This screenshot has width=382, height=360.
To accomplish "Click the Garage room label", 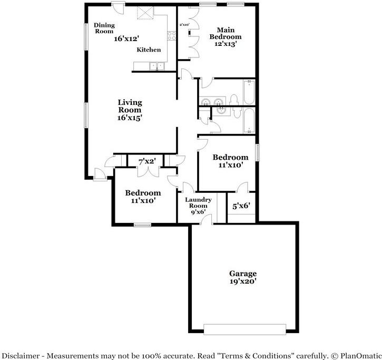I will pos(242,273).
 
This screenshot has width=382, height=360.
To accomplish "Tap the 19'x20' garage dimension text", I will pos(242,281).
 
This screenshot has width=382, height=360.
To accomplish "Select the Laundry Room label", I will pos(198,203).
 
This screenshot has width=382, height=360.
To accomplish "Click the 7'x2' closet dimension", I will pos(147,161).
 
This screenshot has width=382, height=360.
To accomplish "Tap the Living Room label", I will pos(130,106).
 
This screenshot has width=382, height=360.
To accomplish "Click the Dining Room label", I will pos(104,28).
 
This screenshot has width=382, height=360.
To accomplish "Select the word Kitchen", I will pos(149,50).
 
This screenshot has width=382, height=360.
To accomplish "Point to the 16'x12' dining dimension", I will pos(126,38).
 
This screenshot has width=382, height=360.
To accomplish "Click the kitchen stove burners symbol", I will pos(171,36).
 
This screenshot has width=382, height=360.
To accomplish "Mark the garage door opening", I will pos(243,329).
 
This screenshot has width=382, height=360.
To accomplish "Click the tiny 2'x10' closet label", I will pos(184,24).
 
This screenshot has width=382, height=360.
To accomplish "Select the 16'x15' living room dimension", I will pos(130,118).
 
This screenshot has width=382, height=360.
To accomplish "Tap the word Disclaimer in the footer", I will pos(22,355).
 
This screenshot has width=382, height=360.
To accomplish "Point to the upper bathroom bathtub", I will pos(249,92).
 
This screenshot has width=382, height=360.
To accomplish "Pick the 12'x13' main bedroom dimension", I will pos(225,44).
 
